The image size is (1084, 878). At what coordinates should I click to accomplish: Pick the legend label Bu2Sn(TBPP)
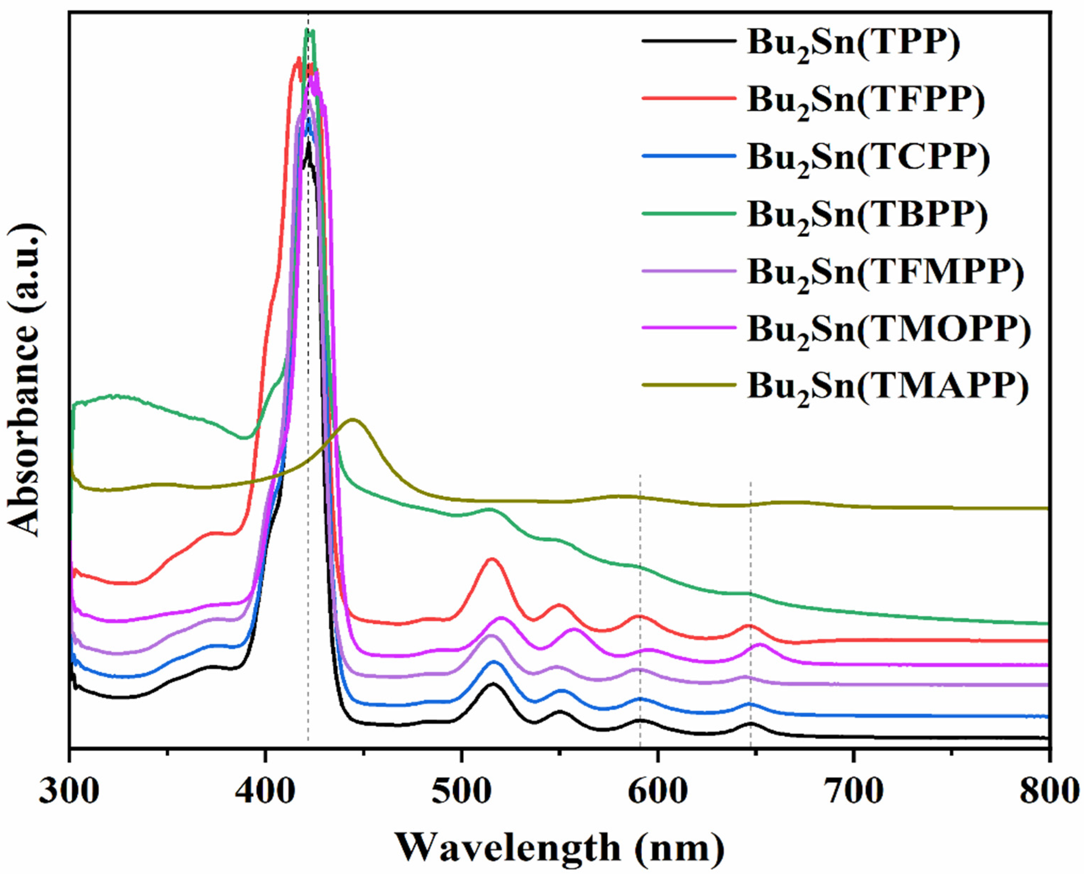click(x=867, y=216)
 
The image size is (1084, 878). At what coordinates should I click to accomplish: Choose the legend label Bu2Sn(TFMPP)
click(x=886, y=273)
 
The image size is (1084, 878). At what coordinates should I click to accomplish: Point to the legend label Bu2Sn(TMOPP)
click(x=889, y=331)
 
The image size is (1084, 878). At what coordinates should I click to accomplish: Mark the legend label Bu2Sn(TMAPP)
click(x=888, y=388)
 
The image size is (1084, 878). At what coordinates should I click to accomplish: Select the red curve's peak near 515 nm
click(x=492, y=559)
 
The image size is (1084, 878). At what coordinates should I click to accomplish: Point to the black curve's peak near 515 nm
click(x=492, y=684)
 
